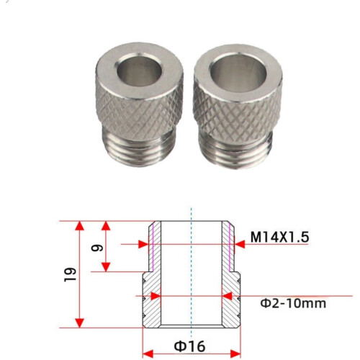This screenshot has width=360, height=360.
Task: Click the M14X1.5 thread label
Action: coord(279,237)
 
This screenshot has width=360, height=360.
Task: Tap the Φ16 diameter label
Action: coord(189,346)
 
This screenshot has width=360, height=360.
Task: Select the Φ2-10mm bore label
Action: coord(293,303)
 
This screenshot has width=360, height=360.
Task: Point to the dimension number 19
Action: coord(71,274)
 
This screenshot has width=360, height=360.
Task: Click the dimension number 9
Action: coord(97,248)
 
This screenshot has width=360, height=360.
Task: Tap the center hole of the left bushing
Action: coord(139,70)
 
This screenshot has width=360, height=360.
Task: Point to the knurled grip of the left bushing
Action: coord(139,110)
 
